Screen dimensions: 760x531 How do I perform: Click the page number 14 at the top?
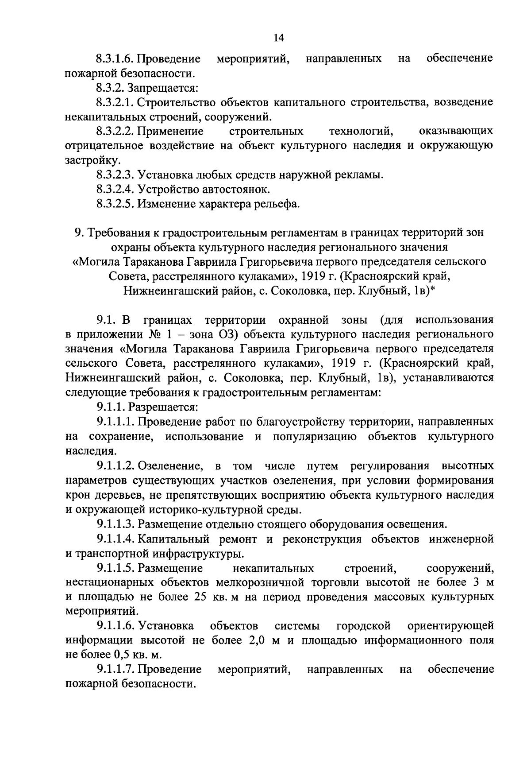pyautogui.click(x=278, y=38)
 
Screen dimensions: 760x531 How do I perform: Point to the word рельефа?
pyautogui.click(x=276, y=204)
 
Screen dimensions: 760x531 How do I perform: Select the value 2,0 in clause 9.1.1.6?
pyautogui.click(x=253, y=640)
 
